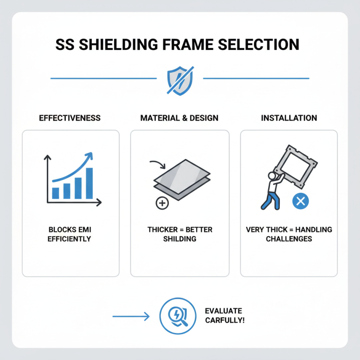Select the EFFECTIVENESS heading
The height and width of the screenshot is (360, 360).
click(x=70, y=118)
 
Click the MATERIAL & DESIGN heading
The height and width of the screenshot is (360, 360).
click(x=180, y=118)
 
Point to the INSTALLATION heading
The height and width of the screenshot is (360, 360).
click(x=289, y=118)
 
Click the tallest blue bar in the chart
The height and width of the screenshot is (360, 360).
click(x=89, y=183)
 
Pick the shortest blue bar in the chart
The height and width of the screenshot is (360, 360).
click(x=56, y=193)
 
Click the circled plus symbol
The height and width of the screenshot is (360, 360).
click(x=162, y=203)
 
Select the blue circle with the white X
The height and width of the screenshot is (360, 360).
click(x=301, y=201)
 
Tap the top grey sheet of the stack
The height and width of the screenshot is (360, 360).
click(x=182, y=173)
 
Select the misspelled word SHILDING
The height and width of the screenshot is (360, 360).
click(x=180, y=238)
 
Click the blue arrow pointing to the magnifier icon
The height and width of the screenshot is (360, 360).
click(x=130, y=317)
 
